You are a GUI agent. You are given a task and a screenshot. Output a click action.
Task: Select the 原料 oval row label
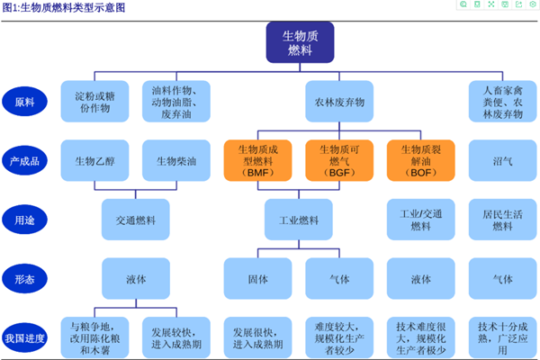point(24,101)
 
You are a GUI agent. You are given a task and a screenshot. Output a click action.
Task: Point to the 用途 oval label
point(24,219)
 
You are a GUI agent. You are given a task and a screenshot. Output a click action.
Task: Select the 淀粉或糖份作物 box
point(94,102)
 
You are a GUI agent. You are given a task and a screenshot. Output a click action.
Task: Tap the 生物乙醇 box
point(94,161)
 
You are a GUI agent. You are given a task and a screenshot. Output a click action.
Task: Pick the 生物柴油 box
point(174,161)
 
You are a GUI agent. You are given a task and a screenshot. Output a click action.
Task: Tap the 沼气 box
point(502,161)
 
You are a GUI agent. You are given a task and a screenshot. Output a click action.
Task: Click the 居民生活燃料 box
point(502,219)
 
